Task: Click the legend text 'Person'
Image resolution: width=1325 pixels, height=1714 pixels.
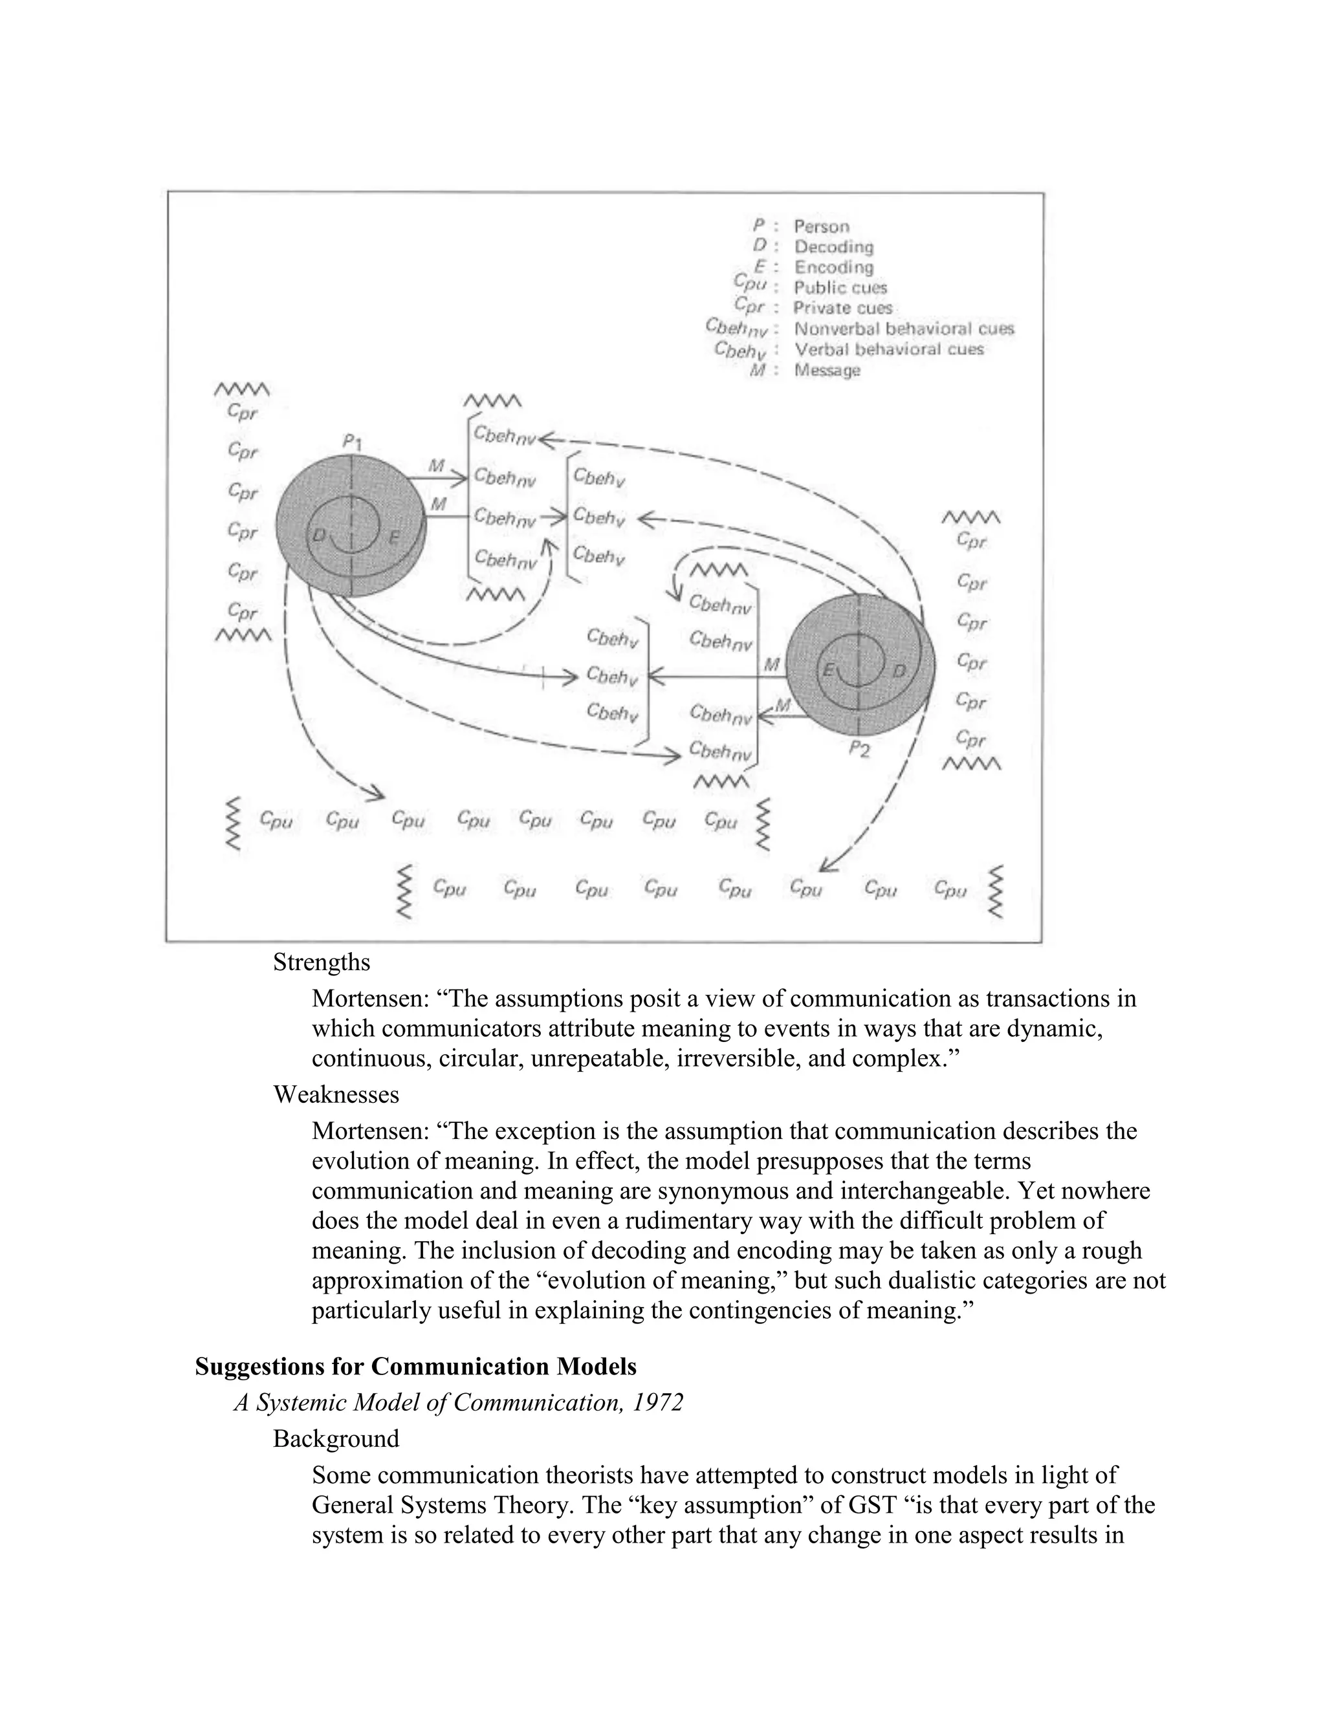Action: (821, 227)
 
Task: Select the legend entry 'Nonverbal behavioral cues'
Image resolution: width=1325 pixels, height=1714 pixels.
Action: (903, 329)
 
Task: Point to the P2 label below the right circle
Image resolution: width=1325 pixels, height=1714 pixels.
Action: (860, 750)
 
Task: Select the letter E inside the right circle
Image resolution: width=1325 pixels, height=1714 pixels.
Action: (827, 670)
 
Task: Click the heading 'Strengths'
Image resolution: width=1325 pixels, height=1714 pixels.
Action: (321, 962)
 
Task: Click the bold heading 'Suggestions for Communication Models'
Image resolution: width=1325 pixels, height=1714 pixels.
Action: (415, 1366)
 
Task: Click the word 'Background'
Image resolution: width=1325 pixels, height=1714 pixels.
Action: (336, 1438)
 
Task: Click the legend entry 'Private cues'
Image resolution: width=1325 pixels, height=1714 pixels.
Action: (842, 309)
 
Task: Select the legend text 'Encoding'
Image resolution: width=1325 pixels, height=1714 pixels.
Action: (833, 268)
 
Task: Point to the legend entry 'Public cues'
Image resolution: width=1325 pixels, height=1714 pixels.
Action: (840, 288)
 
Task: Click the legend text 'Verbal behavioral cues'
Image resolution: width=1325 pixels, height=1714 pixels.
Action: (888, 349)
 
